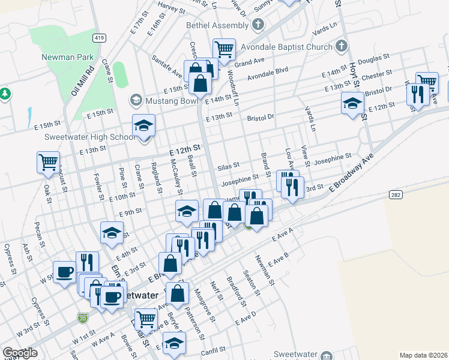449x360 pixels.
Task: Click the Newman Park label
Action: click(x=67, y=57)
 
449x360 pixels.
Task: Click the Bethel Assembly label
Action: click(x=217, y=25)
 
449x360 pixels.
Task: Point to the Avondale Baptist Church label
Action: click(x=286, y=47)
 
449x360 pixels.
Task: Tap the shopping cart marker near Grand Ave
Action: click(x=224, y=49)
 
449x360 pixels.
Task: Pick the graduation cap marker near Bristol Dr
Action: click(x=352, y=103)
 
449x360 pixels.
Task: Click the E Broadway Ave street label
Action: click(x=351, y=179)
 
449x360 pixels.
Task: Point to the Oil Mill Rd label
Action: click(x=83, y=80)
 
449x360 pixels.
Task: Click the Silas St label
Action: click(x=228, y=165)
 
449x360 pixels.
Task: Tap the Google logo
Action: click(x=20, y=353)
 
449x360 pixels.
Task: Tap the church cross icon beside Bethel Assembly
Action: click(x=258, y=25)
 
